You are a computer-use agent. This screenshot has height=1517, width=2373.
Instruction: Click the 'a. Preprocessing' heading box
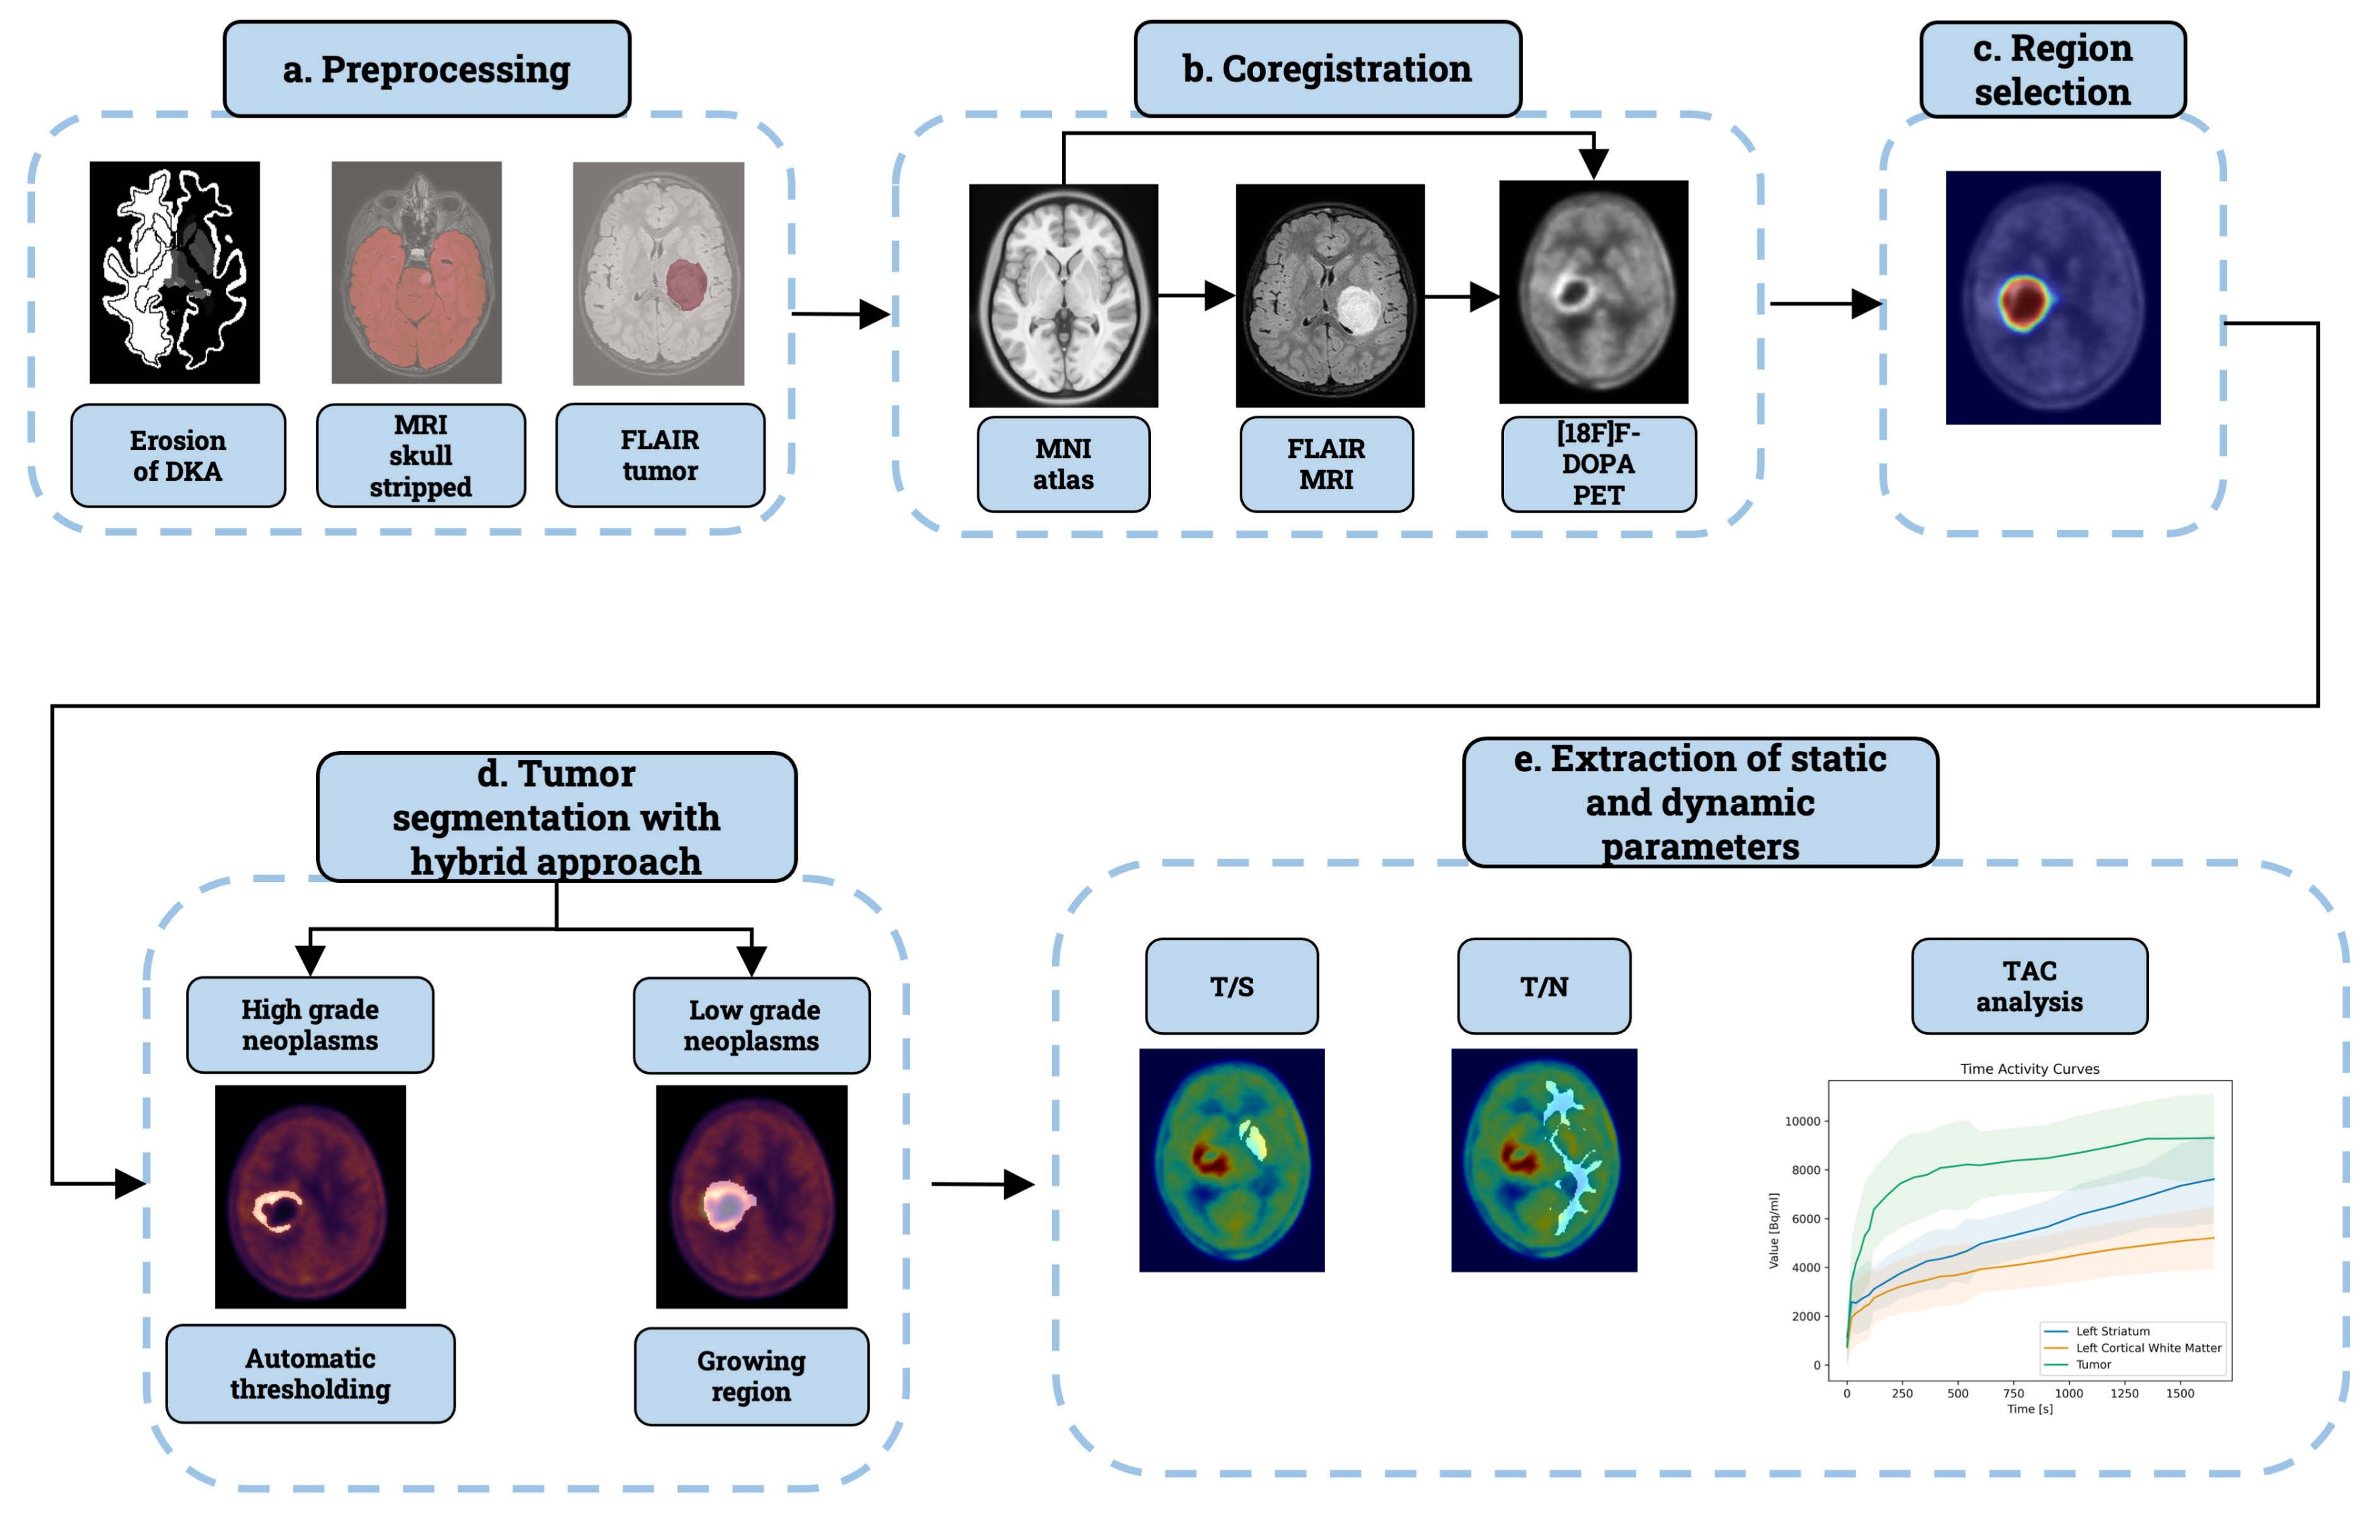pyautogui.click(x=426, y=69)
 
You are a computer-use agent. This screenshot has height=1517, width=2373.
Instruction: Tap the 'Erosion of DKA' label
pyautogui.click(x=178, y=455)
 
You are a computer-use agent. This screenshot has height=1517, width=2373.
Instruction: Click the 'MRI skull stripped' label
pyautogui.click(x=421, y=455)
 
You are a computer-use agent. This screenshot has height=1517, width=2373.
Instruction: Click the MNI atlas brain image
pyautogui.click(x=1063, y=295)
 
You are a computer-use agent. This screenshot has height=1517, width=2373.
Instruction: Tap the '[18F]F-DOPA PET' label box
pyautogui.click(x=1597, y=464)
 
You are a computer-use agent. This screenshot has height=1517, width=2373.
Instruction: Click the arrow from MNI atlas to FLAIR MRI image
pyautogui.click(x=1195, y=295)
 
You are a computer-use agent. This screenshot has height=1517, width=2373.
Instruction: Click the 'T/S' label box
pyautogui.click(x=1231, y=986)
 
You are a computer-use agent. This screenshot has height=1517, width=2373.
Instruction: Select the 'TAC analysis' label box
pyautogui.click(x=2029, y=986)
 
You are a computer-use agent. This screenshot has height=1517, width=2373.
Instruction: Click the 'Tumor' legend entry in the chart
pyautogui.click(x=2093, y=1364)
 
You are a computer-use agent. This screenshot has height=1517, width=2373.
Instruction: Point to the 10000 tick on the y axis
pyautogui.click(x=1803, y=1121)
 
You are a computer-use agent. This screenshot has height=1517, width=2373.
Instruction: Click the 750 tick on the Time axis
pyautogui.click(x=2013, y=1393)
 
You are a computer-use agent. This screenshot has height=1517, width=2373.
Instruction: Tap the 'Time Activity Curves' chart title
pyautogui.click(x=2029, y=1068)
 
